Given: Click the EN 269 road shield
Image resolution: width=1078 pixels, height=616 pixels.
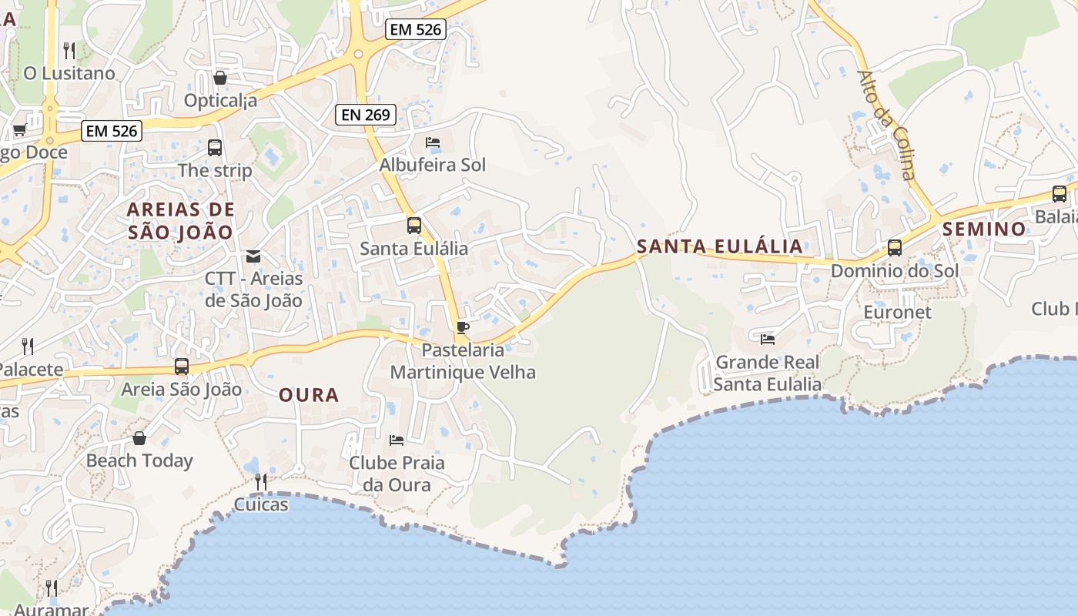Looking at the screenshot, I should [366, 115].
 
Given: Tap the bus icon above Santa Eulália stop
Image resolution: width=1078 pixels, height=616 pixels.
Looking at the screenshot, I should [414, 226].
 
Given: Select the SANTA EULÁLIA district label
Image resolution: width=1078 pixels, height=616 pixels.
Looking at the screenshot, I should [720, 246].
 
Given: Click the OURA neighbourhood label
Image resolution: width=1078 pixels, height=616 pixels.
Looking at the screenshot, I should [309, 395].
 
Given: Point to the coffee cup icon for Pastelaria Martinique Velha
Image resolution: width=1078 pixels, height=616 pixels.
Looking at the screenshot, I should [462, 327].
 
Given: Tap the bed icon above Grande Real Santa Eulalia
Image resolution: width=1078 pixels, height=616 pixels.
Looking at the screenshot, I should [767, 339].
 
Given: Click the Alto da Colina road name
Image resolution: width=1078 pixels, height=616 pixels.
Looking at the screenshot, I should [887, 124].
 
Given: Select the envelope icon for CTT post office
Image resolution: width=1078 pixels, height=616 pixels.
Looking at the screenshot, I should [253, 256].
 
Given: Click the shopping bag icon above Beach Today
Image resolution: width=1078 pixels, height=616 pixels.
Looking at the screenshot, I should [139, 438].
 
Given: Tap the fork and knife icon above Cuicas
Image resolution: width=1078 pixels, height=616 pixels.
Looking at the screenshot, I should [261, 482].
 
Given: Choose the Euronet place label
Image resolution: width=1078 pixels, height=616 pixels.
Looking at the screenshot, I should [897, 312].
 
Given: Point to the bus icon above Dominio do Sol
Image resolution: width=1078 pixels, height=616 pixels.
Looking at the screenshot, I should [894, 248].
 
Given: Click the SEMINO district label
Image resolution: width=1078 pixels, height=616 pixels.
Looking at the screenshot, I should [984, 229].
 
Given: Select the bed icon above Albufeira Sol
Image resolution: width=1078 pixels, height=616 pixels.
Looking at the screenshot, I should [433, 142].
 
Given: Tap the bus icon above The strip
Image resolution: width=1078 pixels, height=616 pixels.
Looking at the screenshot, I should [215, 147].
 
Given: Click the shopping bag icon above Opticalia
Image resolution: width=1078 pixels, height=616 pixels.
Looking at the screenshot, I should [220, 78].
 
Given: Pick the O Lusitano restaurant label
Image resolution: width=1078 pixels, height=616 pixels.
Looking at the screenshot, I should [69, 73].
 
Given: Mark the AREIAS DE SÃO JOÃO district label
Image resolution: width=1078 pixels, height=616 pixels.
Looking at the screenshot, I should [180, 220].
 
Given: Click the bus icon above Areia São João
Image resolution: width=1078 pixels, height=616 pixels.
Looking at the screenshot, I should [182, 367].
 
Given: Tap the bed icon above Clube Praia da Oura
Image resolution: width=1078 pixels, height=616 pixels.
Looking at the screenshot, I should [397, 440].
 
